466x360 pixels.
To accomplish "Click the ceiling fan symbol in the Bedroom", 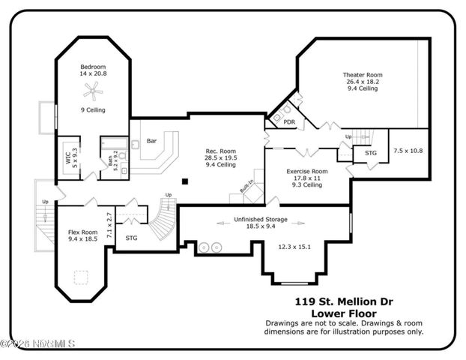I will pyautogui.click(x=93, y=91).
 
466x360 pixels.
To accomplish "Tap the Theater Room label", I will pyautogui.click(x=362, y=75).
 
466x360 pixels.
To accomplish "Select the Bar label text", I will pyautogui.click(x=151, y=140).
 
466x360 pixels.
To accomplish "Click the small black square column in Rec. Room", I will pyautogui.click(x=184, y=180).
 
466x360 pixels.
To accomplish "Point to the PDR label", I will pyautogui.click(x=289, y=121).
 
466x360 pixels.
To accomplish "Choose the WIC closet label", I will pyautogui.click(x=68, y=157).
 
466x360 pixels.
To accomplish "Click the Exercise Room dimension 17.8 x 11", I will pyautogui.click(x=307, y=178).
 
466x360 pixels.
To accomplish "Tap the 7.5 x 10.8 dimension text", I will pyautogui.click(x=408, y=151).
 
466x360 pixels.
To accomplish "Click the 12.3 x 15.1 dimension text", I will pyautogui.click(x=294, y=246).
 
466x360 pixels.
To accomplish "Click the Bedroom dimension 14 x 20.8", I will pyautogui.click(x=94, y=73).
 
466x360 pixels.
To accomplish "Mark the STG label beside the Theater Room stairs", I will pyautogui.click(x=370, y=153).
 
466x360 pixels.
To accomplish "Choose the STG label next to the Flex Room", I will pyautogui.click(x=132, y=238).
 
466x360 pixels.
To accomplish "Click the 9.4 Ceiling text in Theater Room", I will pyautogui.click(x=362, y=88).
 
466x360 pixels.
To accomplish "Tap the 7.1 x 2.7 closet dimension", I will pyautogui.click(x=109, y=225).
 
